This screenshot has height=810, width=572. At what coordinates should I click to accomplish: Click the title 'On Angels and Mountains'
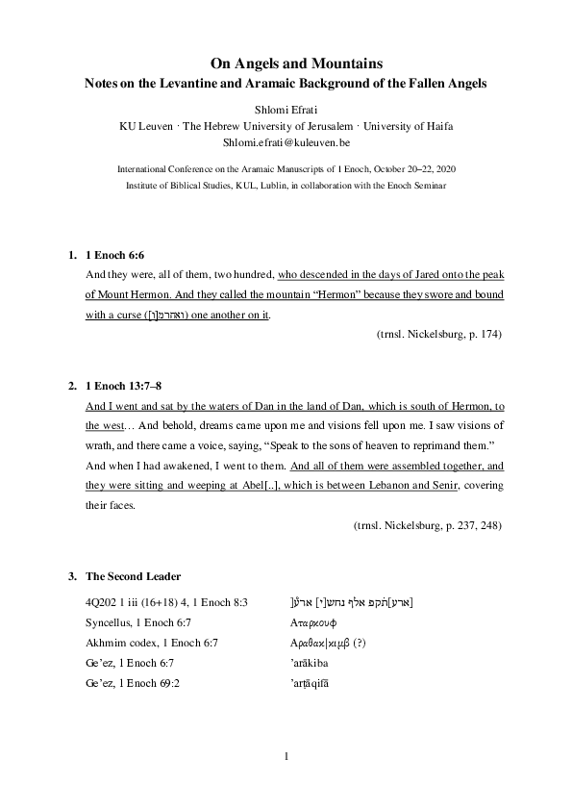pos(286,63)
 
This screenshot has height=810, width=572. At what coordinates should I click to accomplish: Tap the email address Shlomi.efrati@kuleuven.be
pos(286,142)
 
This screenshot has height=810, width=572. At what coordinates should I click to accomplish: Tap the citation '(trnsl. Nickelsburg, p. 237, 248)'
pos(427,525)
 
